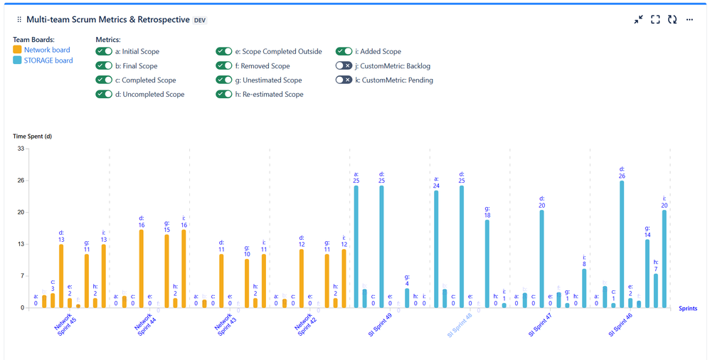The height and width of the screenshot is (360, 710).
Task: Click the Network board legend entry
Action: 47,50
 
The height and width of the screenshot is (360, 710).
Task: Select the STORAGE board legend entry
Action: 48,60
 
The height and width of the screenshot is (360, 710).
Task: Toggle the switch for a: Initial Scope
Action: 104,52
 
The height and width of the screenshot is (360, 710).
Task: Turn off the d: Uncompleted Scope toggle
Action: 104,95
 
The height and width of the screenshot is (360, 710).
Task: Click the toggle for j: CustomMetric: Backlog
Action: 344,66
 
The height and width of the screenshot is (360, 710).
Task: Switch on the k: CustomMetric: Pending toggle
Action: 344,80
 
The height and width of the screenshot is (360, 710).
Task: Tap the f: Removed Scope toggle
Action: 225,66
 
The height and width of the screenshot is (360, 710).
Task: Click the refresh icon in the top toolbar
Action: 672,20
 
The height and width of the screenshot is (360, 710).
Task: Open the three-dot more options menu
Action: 689,20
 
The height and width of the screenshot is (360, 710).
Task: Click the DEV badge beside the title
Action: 201,21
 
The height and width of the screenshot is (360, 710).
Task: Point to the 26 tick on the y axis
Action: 21,181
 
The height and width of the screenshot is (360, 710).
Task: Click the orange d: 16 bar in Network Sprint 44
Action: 141,268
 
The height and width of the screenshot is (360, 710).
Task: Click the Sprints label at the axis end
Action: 687,309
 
